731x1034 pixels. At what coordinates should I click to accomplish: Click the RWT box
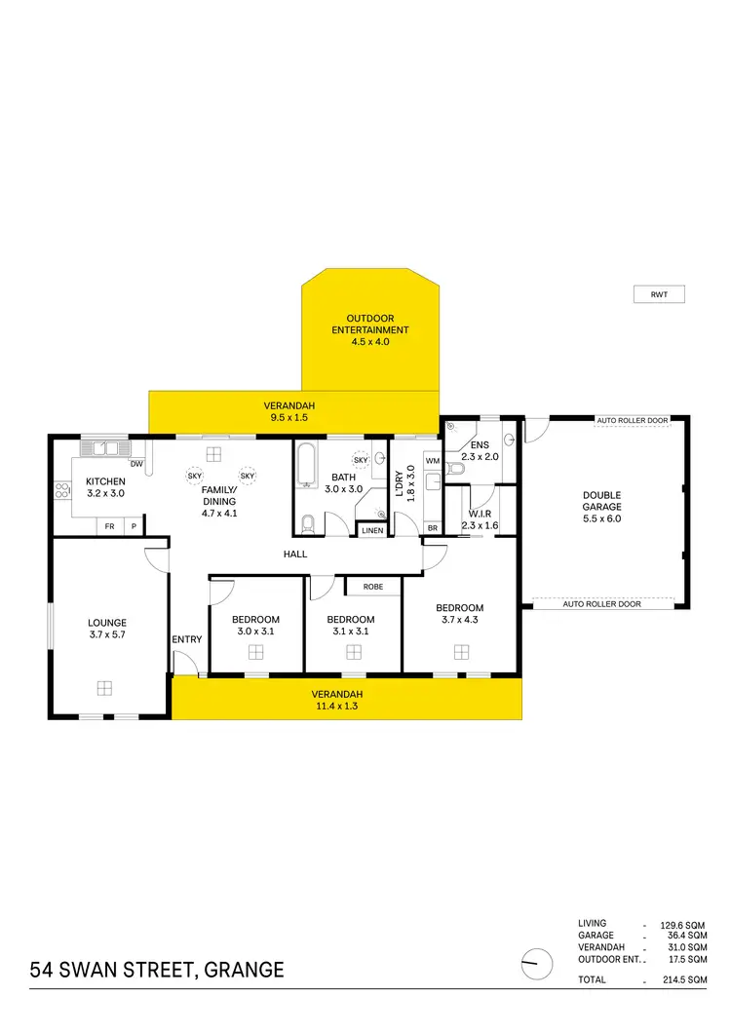(660, 294)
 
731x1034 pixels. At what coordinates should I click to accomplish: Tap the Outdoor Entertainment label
(369, 329)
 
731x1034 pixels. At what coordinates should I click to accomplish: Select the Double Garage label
(600, 507)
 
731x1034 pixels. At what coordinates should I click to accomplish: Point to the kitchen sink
(105, 448)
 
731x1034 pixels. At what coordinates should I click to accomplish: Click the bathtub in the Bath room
(307, 464)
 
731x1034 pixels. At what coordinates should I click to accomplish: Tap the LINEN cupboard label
(372, 530)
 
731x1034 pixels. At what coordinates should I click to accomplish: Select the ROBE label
(372, 587)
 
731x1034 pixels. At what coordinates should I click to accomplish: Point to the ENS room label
(480, 450)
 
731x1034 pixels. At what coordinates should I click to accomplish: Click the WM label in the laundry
(432, 460)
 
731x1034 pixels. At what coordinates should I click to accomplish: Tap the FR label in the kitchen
(109, 526)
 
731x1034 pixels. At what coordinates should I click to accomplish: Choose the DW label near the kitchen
(136, 464)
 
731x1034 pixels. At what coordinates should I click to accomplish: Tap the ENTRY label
(187, 639)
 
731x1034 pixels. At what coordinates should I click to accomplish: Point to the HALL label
(295, 554)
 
